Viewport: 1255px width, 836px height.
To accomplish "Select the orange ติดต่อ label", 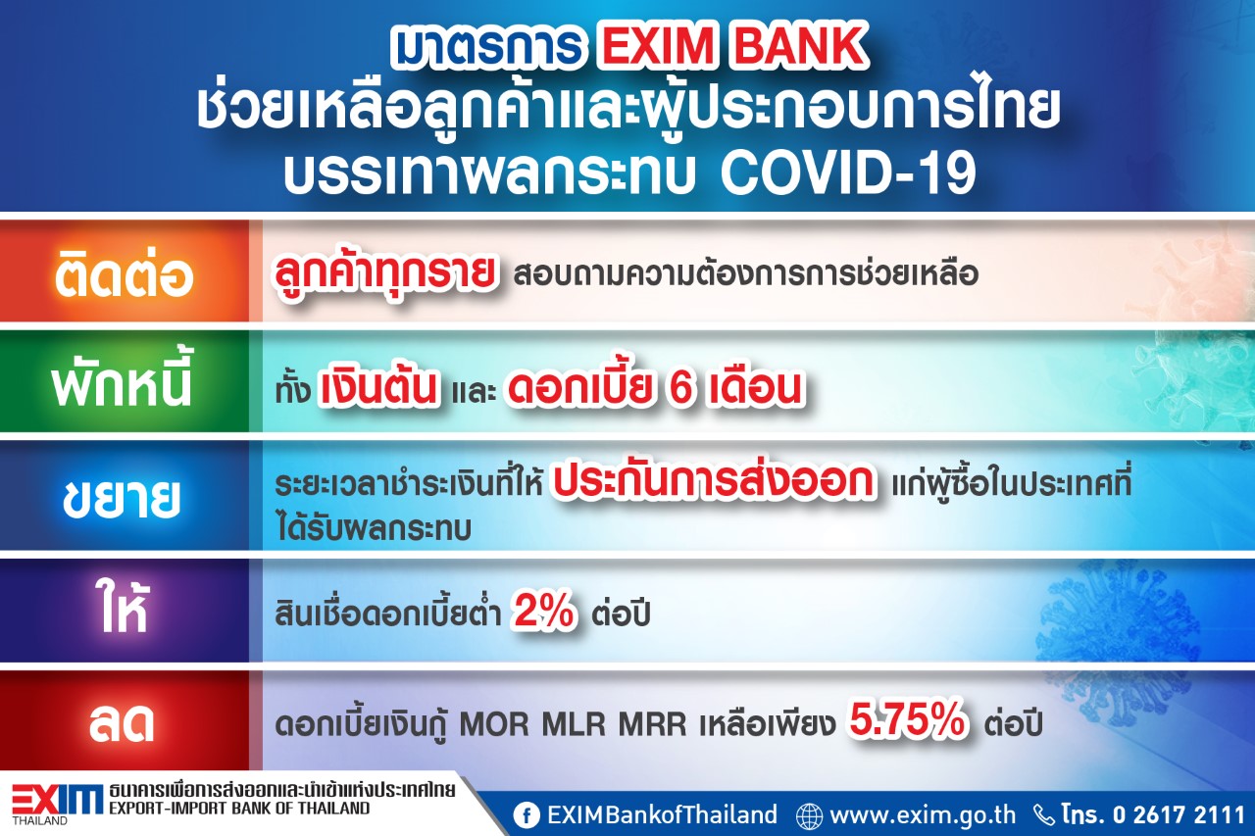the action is [x=124, y=274].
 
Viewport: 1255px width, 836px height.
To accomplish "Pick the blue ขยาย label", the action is [x=122, y=497].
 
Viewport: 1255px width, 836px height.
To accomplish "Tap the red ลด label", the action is [x=122, y=723].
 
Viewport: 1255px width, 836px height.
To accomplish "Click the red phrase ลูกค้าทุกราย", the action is [x=385, y=272].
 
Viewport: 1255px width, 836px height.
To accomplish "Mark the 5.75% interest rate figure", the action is [x=908, y=719].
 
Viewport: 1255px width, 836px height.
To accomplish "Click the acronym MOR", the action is [x=494, y=724].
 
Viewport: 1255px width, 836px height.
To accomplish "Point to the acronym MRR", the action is [x=653, y=724].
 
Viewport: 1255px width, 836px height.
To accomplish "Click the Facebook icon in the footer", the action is [x=527, y=815].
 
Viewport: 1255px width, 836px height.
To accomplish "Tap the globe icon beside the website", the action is [x=809, y=816].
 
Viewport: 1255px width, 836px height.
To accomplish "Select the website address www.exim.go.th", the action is [x=923, y=814].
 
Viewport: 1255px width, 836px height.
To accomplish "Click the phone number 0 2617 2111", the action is [x=1179, y=814].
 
